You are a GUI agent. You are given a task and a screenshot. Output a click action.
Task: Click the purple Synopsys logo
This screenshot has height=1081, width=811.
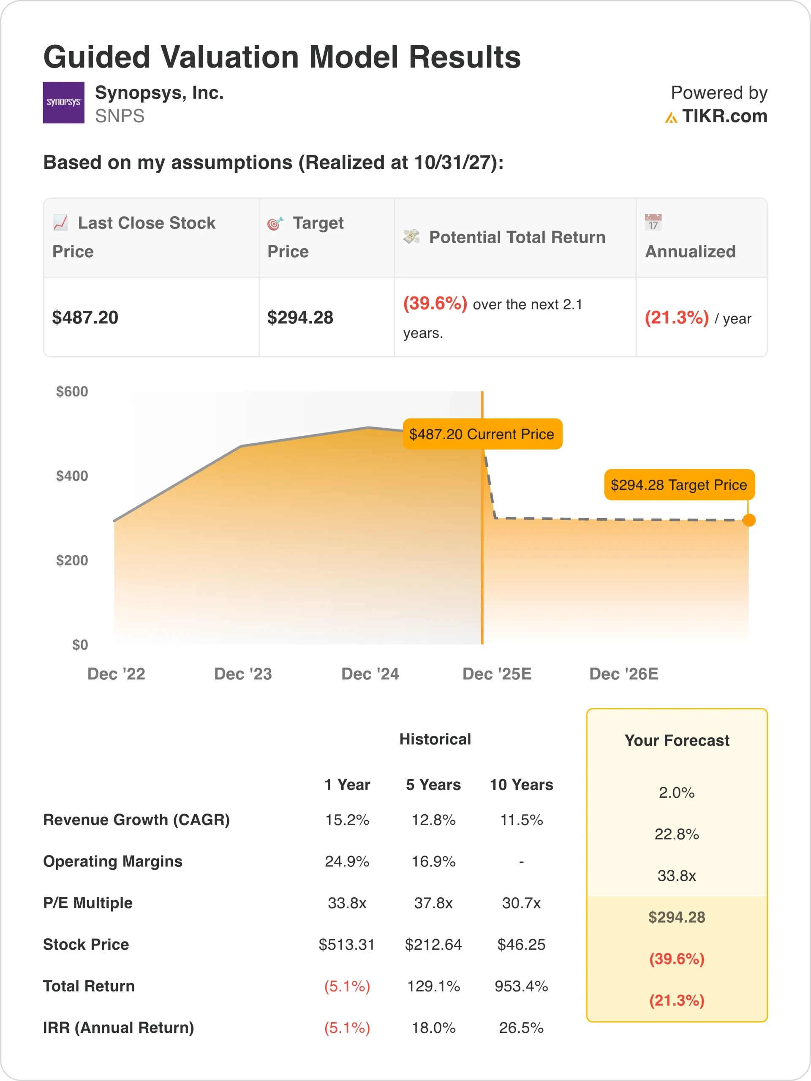(63, 103)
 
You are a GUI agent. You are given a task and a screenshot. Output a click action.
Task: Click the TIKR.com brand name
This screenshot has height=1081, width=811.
(724, 116)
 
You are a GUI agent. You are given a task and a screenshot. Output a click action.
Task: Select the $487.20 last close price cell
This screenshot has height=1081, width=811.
(86, 318)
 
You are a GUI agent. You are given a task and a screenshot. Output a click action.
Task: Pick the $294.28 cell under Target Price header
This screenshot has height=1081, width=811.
(300, 318)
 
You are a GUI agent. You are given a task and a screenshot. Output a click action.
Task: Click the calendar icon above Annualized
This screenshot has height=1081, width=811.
(653, 223)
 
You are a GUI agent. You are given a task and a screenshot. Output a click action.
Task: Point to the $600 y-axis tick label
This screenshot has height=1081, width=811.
(72, 391)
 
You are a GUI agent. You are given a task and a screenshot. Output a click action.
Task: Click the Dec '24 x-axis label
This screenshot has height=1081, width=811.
(370, 674)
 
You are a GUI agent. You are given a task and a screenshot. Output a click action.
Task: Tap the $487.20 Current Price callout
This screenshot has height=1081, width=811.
(482, 434)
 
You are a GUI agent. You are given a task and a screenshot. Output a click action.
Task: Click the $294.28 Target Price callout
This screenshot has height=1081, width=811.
(679, 485)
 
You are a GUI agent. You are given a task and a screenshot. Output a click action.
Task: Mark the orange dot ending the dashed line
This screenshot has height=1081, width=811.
(748, 520)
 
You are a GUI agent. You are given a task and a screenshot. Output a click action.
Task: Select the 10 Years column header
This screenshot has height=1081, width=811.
(522, 785)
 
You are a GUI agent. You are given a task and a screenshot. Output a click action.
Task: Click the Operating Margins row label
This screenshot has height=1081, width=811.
(113, 861)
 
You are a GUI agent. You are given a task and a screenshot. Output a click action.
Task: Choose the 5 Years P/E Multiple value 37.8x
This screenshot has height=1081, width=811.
(434, 903)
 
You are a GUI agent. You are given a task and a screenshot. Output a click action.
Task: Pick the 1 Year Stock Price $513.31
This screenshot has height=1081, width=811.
(347, 945)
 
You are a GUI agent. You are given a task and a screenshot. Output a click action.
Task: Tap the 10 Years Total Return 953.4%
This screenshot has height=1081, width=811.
(521, 986)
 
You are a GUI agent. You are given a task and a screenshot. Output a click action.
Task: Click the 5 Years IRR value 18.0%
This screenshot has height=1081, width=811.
(434, 1028)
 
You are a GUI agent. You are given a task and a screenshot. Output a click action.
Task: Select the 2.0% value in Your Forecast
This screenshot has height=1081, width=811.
(677, 793)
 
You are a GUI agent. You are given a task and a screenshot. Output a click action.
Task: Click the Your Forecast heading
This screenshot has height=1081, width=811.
(677, 740)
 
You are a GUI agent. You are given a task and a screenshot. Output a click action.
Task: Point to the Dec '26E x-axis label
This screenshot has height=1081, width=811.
(624, 674)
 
